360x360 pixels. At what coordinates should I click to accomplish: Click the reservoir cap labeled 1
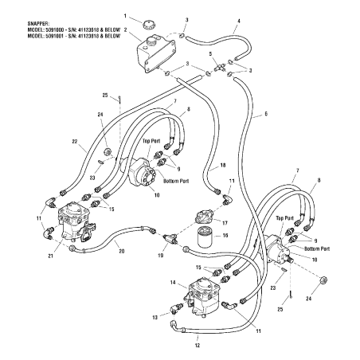(x=149, y=25)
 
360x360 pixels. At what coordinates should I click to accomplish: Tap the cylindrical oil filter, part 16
(x=204, y=238)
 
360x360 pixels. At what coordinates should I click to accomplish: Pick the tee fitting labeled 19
(x=170, y=237)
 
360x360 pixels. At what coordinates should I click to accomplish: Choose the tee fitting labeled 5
(x=219, y=67)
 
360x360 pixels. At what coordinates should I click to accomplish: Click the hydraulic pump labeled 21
(x=76, y=221)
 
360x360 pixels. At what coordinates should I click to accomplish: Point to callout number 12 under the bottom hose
(x=198, y=346)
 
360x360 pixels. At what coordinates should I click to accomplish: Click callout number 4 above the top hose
(x=239, y=21)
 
